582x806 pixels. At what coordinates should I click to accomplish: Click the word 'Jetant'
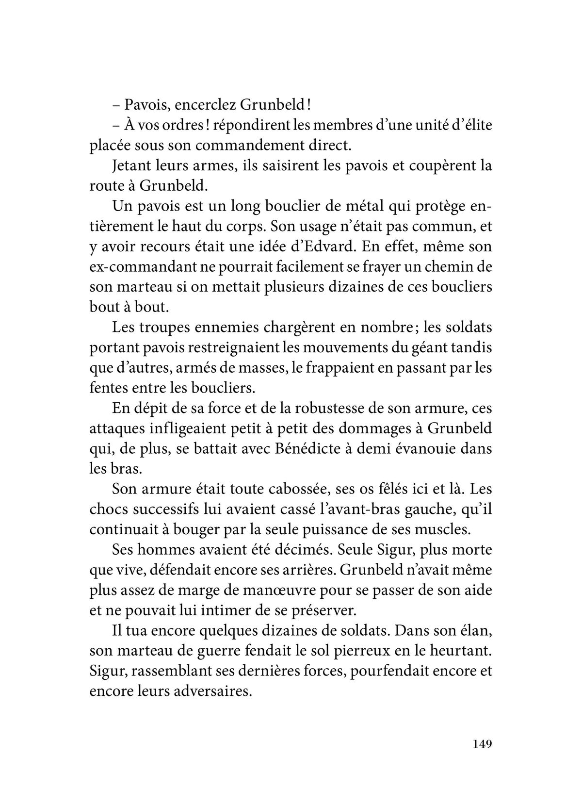[x=131, y=165]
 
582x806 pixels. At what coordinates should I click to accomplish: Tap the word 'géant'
[x=431, y=347]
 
